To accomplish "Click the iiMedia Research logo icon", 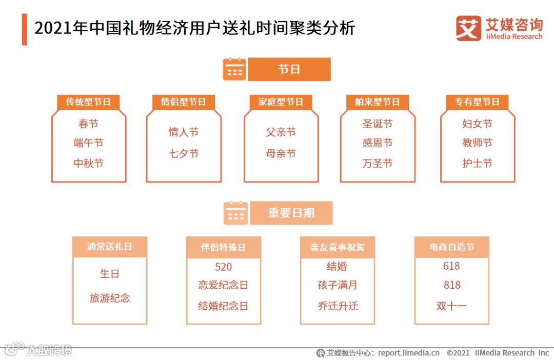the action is click(468, 28).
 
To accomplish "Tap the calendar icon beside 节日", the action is click(234, 69).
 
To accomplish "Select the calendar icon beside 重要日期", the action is click(235, 213).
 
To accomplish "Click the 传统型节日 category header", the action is click(88, 102).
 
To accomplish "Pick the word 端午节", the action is click(88, 143).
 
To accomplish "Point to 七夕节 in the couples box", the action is click(184, 153).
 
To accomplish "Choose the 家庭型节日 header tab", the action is click(281, 102).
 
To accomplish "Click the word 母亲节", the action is click(281, 153).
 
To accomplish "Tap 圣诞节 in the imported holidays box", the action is click(378, 124).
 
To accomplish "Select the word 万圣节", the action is click(378, 164).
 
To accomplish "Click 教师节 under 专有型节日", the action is click(477, 143).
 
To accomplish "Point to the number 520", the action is click(223, 267).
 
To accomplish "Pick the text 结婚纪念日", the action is click(223, 306).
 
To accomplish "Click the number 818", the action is click(451, 285).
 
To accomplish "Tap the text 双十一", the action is click(451, 306).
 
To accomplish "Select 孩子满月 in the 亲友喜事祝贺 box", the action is click(337, 285).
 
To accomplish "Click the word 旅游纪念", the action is click(110, 298).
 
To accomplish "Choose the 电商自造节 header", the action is click(451, 247).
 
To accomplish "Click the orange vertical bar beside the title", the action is click(24, 29).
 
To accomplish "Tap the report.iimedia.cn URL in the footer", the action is click(409, 353).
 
